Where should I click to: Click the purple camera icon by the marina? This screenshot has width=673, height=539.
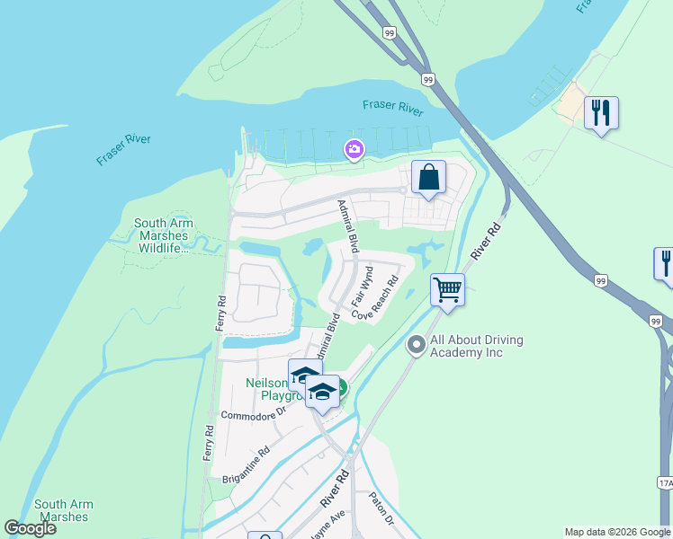(354, 149)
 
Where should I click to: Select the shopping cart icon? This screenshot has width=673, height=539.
(447, 289)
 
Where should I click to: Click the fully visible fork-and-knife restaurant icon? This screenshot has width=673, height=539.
(600, 113)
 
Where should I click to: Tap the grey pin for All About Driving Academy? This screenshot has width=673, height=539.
(416, 345)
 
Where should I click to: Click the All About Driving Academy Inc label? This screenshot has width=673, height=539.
(477, 346)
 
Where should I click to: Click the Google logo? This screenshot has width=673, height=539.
(31, 528)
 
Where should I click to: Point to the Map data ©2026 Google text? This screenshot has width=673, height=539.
(617, 532)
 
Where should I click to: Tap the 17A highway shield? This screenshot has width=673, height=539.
(665, 483)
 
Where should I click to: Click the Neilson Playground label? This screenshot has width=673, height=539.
(270, 389)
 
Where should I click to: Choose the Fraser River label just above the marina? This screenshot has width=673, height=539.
(393, 108)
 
